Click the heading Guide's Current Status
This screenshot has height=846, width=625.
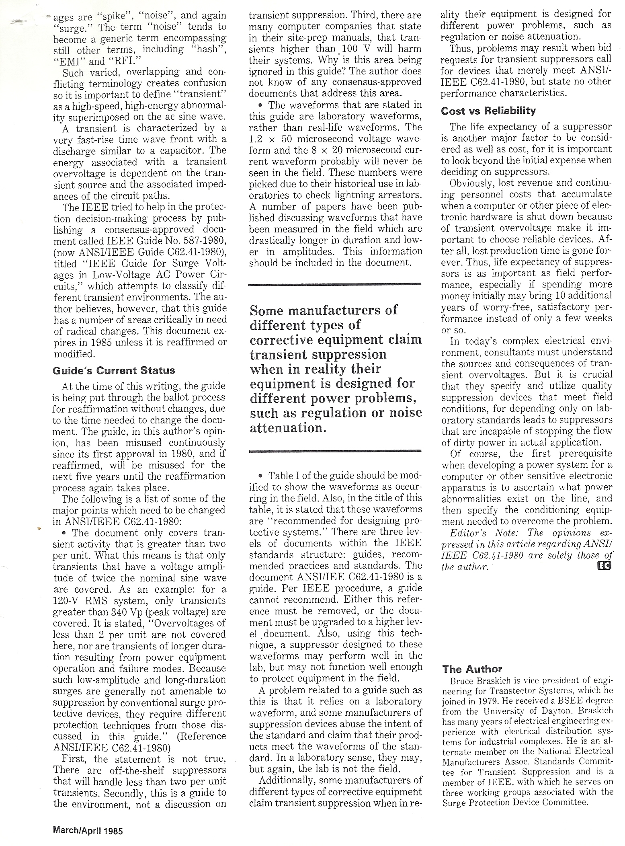click(114, 370)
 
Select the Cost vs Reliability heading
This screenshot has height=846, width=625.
click(488, 111)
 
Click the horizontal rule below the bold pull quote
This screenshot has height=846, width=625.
click(335, 452)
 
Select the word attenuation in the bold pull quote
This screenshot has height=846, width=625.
click(286, 428)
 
